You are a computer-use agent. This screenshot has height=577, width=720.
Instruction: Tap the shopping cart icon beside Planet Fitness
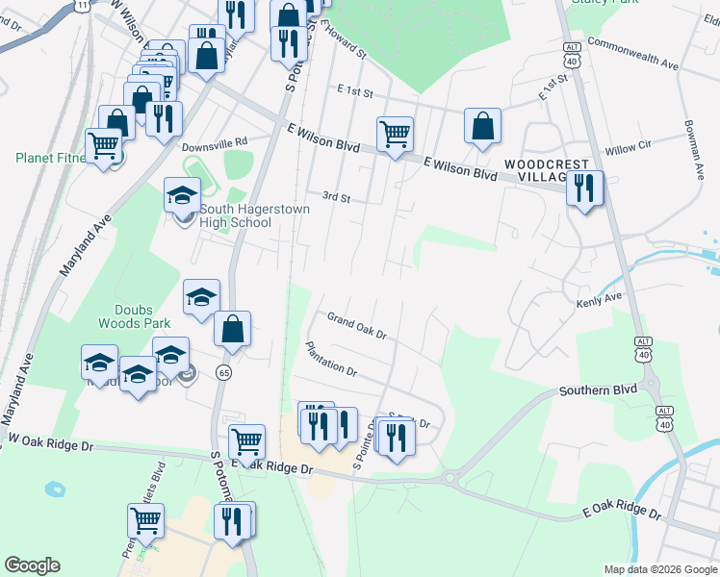click(x=104, y=147)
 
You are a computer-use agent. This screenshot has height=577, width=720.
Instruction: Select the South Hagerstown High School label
click(x=235, y=215)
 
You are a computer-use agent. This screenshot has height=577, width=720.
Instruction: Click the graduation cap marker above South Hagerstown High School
click(x=182, y=195)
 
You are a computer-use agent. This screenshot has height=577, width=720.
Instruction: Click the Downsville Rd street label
click(x=215, y=141)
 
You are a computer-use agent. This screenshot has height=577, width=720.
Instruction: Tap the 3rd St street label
click(x=335, y=197)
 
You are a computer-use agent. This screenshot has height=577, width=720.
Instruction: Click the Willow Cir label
click(x=628, y=150)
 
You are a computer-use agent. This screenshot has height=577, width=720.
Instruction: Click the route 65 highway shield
click(x=223, y=371)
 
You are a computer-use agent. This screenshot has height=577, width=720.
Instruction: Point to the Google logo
click(x=32, y=565)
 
